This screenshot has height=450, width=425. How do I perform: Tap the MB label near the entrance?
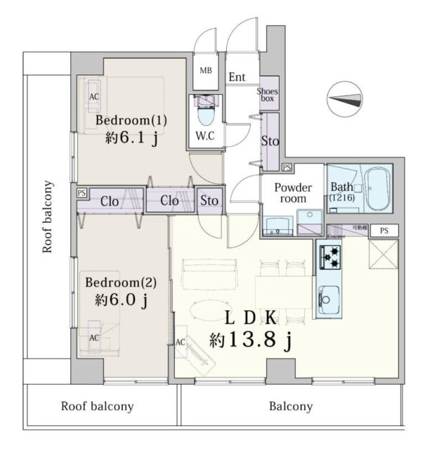[x=206, y=70]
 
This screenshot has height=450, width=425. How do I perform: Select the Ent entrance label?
[x=237, y=77]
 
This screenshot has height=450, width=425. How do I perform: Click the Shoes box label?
[x=268, y=95]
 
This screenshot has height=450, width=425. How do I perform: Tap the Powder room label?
[x=292, y=193]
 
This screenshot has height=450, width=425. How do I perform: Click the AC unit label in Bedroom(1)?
[x=93, y=96]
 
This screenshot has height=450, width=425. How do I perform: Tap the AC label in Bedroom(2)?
[x=94, y=337]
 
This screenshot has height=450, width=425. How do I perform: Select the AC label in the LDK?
[x=180, y=342]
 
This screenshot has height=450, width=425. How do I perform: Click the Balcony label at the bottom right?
[x=291, y=406]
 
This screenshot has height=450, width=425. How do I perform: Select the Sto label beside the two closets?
[x=209, y=201]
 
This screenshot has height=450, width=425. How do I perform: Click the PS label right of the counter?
[x=383, y=230]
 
